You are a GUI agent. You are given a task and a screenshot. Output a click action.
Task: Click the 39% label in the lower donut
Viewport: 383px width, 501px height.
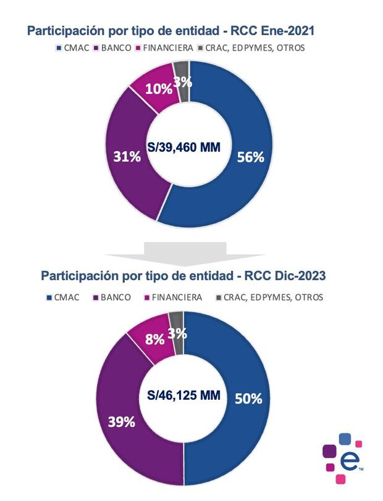point(122,422)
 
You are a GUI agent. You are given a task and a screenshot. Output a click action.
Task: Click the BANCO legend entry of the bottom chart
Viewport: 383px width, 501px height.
point(112,297)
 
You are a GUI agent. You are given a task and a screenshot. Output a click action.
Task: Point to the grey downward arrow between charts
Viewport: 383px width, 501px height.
point(186,249)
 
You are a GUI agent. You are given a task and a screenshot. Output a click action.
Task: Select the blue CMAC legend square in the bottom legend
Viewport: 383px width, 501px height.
point(48,297)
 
